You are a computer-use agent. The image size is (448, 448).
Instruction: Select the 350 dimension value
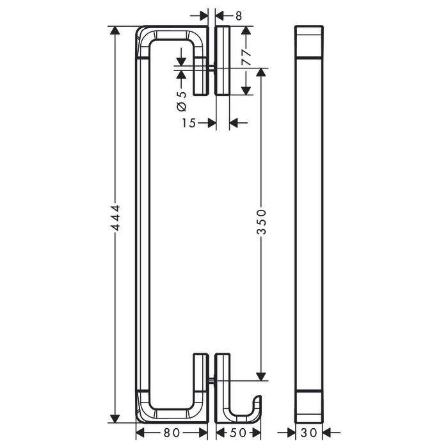point(261,222)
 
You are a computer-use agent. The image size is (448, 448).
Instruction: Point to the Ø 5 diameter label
point(182,101)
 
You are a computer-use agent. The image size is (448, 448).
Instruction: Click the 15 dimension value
point(189,123)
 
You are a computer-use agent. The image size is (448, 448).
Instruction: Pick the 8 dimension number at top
point(239,16)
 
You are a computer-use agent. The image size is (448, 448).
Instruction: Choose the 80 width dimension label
point(172,433)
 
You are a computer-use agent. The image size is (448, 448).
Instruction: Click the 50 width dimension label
point(237,433)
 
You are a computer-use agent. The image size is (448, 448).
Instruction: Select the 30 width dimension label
point(309,433)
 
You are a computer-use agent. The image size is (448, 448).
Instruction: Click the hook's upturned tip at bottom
point(259,397)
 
